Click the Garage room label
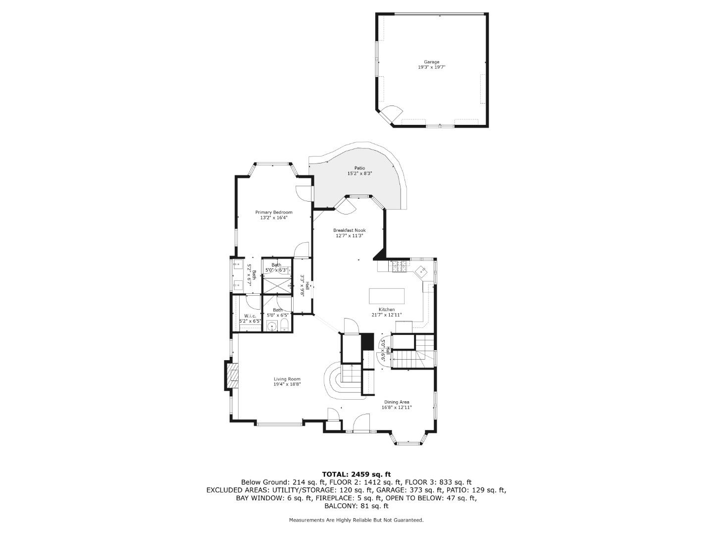(431, 62)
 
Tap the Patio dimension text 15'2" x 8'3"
(359, 174)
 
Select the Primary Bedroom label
(274, 213)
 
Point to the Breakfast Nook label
(349, 230)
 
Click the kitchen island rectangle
(387, 296)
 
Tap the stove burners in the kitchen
(399, 267)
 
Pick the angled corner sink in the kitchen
(422, 271)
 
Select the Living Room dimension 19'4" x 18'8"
(287, 384)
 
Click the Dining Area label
(397, 402)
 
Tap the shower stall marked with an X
(277, 286)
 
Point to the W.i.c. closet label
(250, 316)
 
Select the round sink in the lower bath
(272, 326)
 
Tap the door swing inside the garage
(395, 113)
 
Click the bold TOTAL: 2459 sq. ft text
(356, 474)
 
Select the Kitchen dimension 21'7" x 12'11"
(387, 315)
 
